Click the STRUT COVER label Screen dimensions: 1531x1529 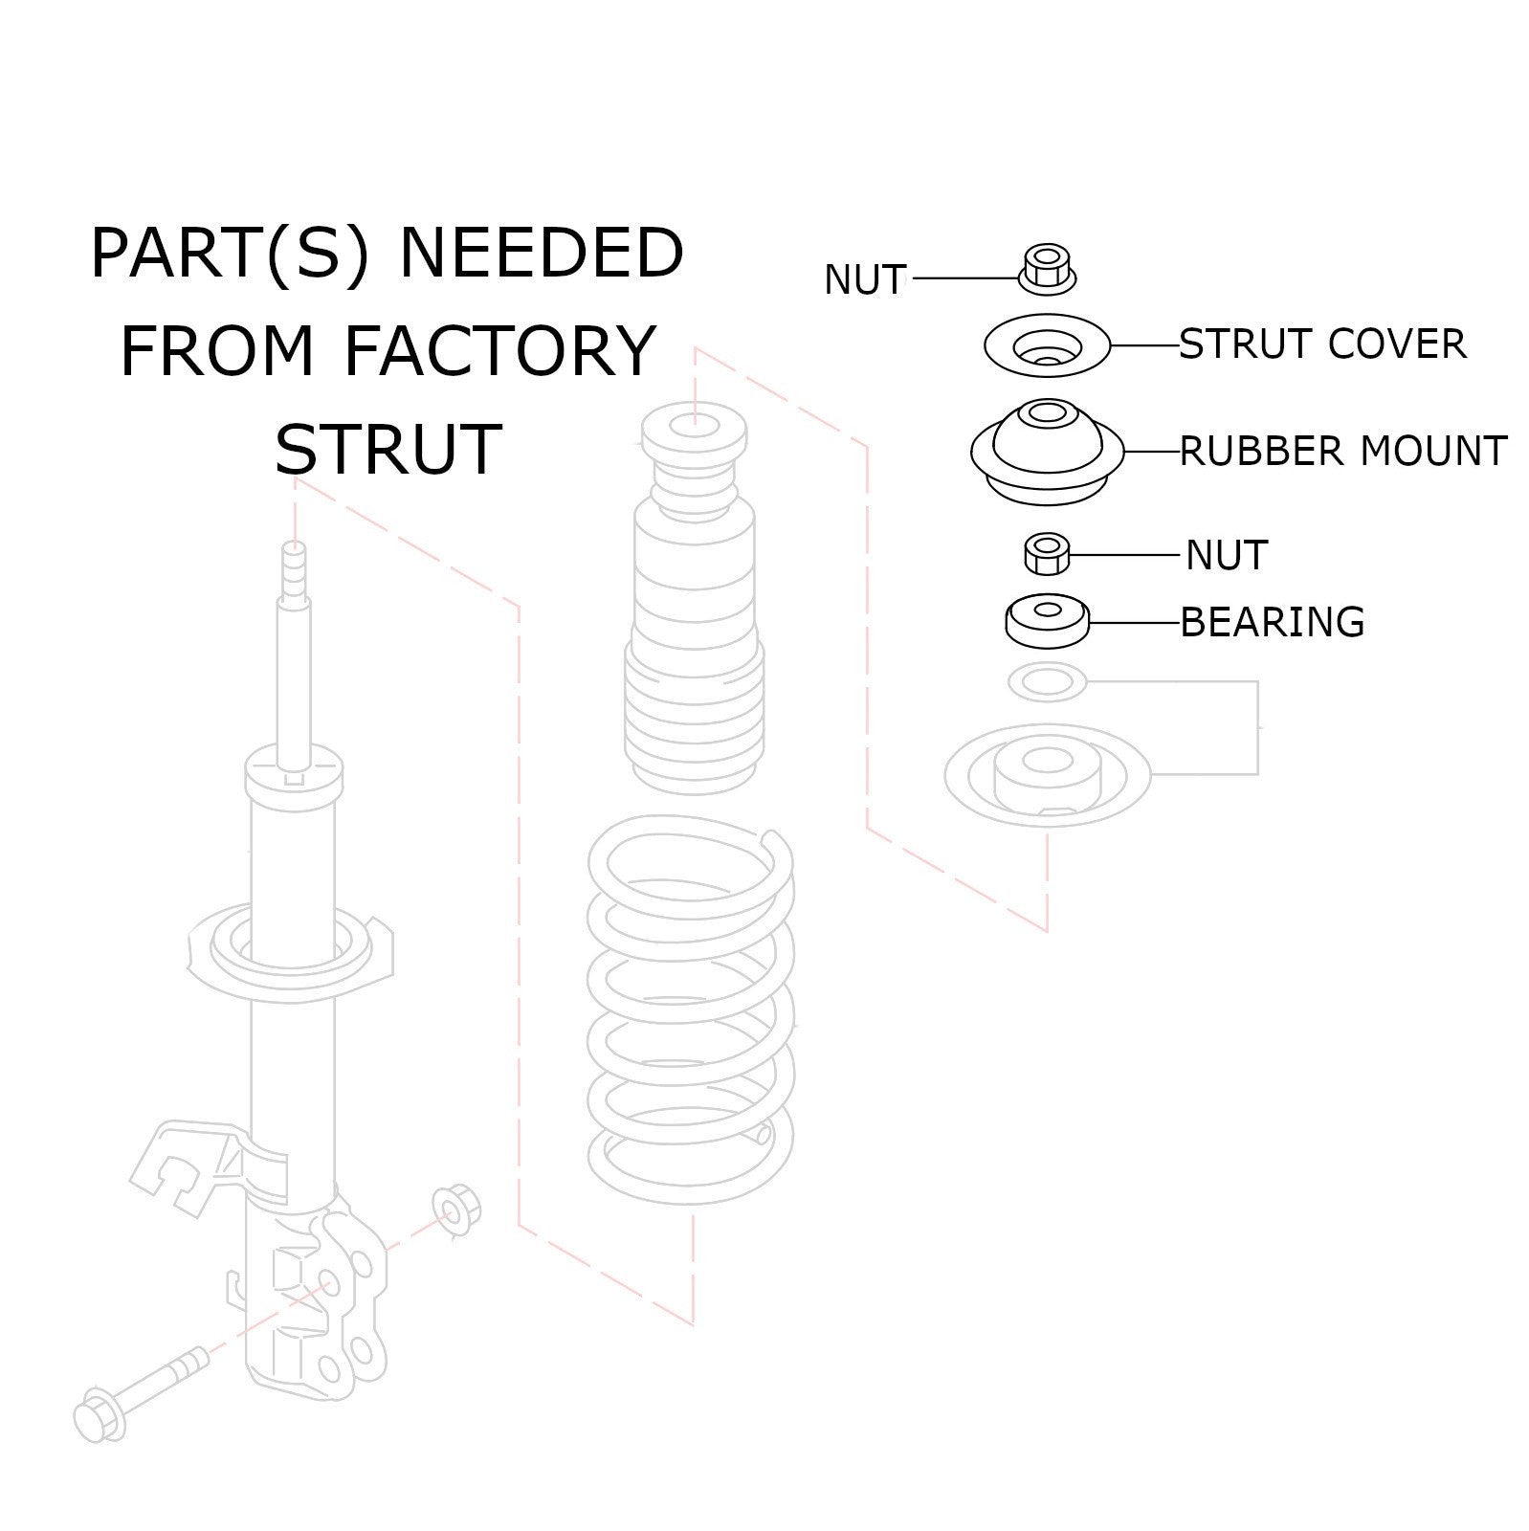pos(1321,344)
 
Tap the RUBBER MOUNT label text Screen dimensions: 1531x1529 pos(1342,451)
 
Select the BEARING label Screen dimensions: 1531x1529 pos(1272,622)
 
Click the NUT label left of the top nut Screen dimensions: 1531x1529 pos(864,279)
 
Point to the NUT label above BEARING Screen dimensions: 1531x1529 pos(1226,555)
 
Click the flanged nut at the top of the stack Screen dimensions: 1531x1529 pos(1047,269)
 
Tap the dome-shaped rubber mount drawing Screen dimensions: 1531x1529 pos(1047,448)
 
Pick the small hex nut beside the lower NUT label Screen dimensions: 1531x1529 pos(1047,555)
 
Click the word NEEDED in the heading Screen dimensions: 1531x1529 pos(541,254)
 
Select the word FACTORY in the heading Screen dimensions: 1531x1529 pos(499,350)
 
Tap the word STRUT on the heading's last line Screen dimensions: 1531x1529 pos(388,448)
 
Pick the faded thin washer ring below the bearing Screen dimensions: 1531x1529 pos(1047,682)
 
